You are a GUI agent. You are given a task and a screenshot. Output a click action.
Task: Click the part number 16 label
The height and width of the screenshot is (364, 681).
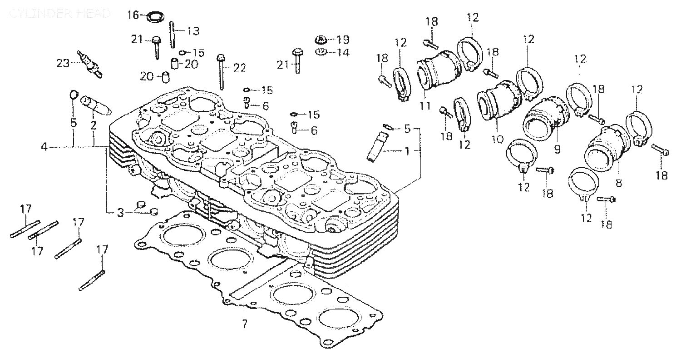[x=133, y=15]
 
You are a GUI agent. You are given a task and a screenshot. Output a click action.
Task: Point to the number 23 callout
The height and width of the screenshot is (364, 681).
[x=63, y=63]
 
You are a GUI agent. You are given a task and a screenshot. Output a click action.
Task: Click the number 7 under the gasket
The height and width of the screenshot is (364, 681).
[x=245, y=324]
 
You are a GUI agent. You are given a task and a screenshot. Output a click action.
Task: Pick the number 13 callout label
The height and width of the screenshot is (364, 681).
[x=193, y=31]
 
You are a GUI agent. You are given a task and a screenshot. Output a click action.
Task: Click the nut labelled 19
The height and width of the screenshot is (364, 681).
[x=320, y=39]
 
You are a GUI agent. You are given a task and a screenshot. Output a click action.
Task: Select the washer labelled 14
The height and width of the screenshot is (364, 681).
[x=321, y=51]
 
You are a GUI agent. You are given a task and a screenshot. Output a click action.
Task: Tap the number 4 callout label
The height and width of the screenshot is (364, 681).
[x=44, y=147]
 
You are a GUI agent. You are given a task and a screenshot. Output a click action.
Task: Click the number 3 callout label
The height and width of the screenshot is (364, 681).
[x=120, y=212]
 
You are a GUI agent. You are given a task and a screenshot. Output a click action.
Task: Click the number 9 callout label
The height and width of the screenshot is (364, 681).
[x=557, y=149]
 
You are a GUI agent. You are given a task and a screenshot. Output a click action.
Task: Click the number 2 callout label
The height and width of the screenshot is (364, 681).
[x=93, y=123]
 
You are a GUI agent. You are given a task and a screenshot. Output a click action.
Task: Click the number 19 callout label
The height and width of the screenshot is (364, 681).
[x=343, y=39]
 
